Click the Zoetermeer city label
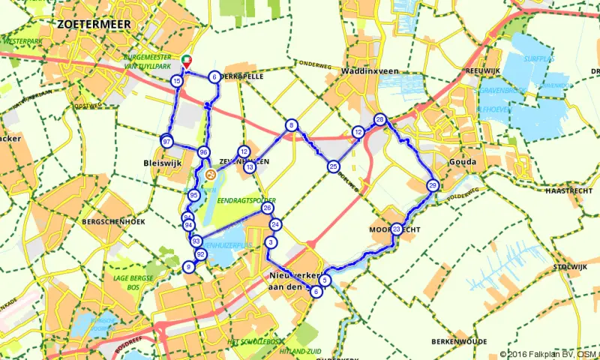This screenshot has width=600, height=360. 94,25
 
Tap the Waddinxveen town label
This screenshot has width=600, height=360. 352,72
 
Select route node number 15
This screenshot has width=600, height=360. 176,80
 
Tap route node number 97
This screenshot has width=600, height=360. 166,142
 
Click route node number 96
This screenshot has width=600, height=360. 202,152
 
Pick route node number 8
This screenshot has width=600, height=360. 291,125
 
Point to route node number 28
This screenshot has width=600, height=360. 380,120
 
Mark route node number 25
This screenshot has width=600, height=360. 333,166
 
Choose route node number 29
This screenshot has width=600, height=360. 432,185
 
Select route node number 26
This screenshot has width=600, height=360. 267,208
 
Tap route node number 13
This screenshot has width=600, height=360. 249,167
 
